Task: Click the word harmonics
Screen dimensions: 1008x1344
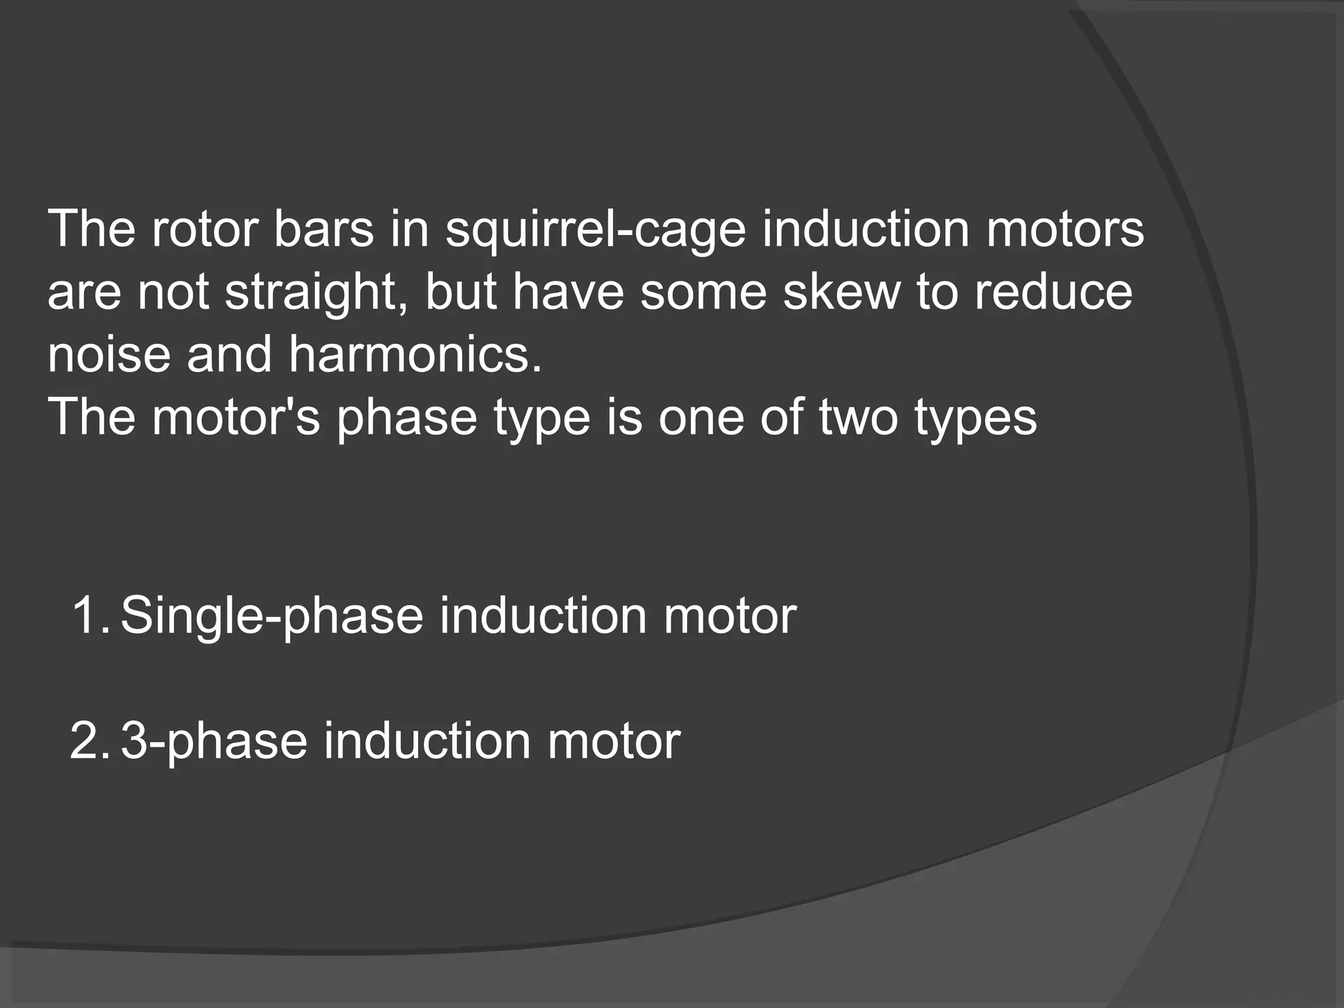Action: pyautogui.click(x=415, y=354)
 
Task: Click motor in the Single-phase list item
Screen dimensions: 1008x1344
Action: pyautogui.click(x=729, y=616)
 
